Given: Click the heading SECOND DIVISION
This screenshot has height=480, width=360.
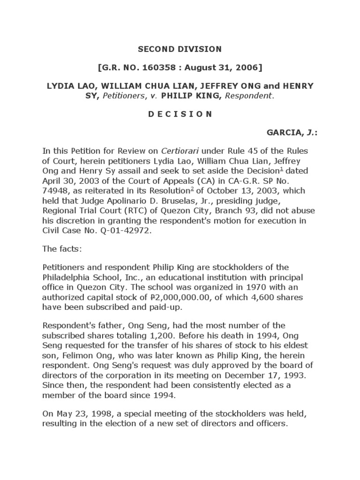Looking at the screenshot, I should [x=180, y=49].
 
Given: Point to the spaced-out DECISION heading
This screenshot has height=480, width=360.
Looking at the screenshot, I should [x=180, y=114].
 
